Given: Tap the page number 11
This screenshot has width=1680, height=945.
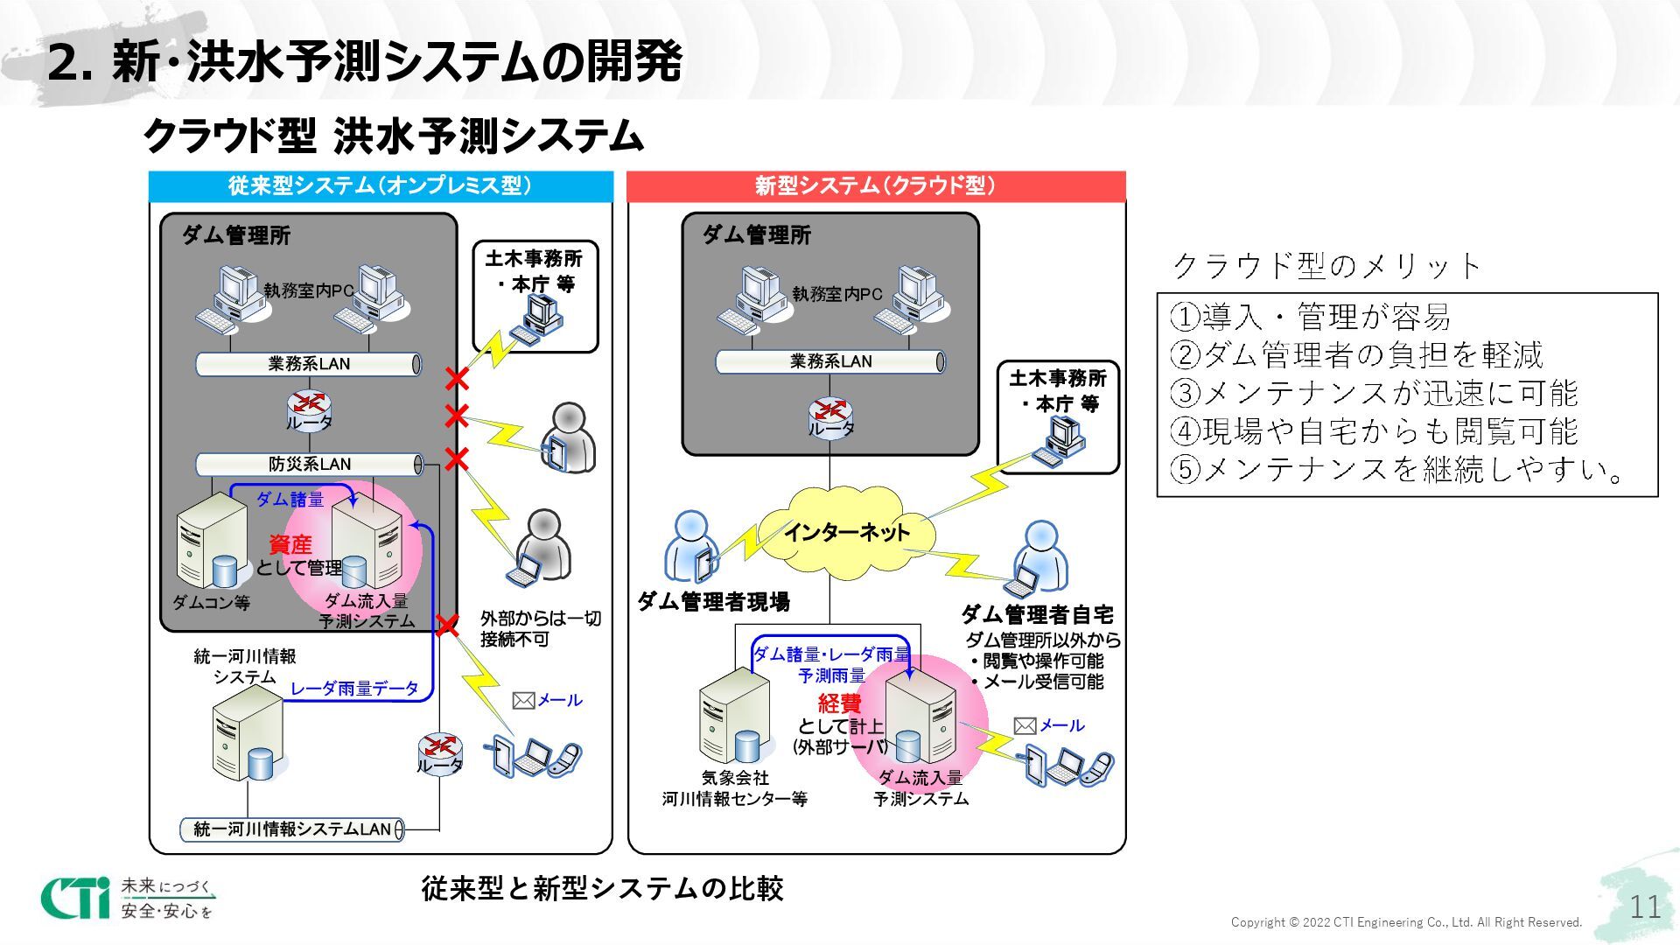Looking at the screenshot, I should tap(1645, 906).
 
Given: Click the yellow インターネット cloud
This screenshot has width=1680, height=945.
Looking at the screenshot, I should tap(845, 531).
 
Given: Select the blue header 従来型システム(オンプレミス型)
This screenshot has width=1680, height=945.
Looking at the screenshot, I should tap(381, 185).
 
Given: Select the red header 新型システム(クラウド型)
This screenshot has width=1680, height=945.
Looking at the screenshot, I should tap(876, 185).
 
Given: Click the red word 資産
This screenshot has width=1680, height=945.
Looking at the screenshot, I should tap(290, 544).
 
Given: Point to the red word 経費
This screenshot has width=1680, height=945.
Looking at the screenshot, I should tap(839, 703).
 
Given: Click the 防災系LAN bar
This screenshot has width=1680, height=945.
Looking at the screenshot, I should tap(309, 464).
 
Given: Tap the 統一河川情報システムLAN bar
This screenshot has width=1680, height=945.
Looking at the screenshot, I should tap(292, 829).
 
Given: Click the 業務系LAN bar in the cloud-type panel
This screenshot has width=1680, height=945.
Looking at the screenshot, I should tap(829, 361).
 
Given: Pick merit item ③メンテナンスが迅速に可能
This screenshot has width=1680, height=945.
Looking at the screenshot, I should tap(1374, 393).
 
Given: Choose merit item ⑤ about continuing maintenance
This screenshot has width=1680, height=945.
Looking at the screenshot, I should tap(1396, 470).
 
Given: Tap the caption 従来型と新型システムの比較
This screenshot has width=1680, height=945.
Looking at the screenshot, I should tap(602, 888).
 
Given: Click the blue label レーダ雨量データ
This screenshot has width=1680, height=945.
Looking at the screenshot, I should tap(354, 689).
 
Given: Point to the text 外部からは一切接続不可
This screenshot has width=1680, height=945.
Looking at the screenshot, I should tap(540, 628).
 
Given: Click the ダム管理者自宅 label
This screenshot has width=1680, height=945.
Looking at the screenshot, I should tap(1037, 614).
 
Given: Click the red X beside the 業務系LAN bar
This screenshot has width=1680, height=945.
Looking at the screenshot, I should tap(456, 379).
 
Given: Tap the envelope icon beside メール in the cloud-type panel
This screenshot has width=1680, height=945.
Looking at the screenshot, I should tap(1025, 725).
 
